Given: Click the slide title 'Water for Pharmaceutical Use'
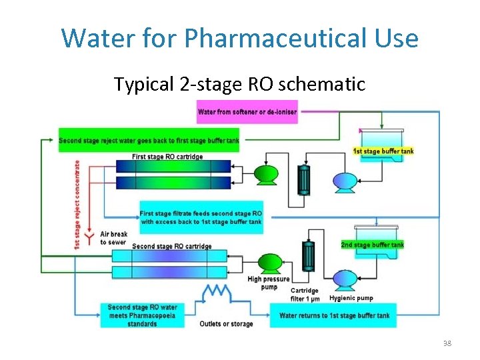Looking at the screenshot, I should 240,38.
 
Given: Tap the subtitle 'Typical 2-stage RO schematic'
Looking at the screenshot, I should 239,85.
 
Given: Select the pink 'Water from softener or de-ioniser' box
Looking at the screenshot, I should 247,112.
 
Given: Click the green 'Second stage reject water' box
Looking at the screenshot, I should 149,141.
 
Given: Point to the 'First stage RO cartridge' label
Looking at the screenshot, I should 167,157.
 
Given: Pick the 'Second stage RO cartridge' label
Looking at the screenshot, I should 171,246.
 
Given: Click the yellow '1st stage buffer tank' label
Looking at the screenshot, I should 383,151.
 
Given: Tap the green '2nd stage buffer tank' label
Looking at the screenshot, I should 372,245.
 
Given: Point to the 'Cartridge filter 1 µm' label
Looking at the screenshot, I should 305,295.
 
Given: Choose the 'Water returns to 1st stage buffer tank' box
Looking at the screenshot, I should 334,315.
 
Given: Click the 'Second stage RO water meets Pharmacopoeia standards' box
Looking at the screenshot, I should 142,315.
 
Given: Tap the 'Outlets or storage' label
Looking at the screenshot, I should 226,324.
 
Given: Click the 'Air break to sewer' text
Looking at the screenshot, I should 113,238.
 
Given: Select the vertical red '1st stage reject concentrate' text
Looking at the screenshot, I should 77,204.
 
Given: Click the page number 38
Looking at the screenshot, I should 446,343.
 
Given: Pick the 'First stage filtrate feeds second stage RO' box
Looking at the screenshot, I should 201,217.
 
